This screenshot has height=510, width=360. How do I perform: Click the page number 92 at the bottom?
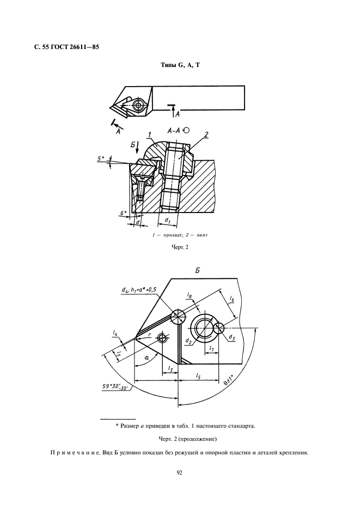click(180, 472)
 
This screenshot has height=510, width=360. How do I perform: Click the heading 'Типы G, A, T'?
click(180, 65)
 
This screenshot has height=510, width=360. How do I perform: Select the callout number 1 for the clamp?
click(149, 135)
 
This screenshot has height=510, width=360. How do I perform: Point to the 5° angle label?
click(101, 159)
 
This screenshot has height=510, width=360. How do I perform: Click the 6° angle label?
click(123, 214)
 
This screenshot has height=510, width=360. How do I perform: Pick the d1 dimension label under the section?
click(168, 220)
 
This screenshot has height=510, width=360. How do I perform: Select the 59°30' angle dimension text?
click(116, 387)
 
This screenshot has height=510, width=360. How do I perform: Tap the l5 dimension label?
click(198, 375)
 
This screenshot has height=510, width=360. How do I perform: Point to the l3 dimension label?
click(170, 368)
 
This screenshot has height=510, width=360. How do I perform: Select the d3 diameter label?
click(231, 337)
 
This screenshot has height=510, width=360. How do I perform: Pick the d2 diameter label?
click(188, 341)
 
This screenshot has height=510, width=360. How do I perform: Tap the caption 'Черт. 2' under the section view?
click(180, 247)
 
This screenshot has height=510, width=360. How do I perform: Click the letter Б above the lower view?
click(197, 270)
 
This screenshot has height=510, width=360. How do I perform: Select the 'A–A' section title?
click(174, 131)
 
